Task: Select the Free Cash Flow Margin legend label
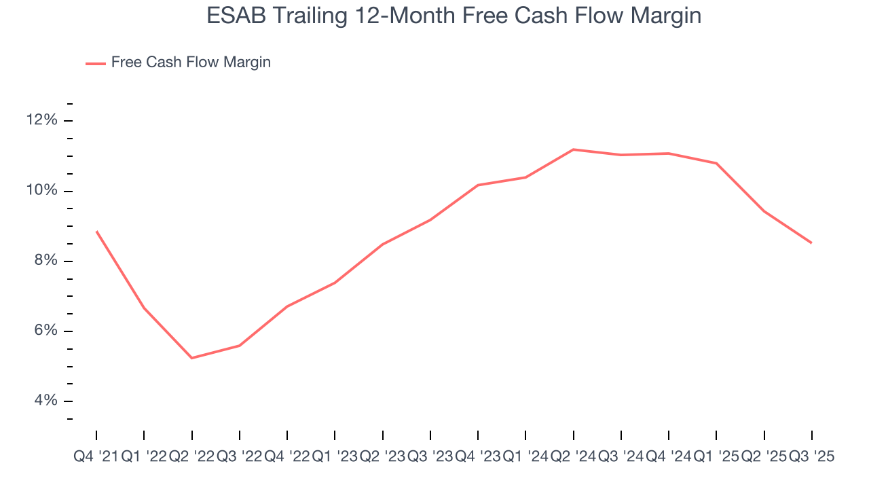click(191, 62)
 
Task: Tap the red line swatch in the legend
click(96, 63)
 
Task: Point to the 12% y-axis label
click(42, 120)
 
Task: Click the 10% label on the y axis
click(42, 191)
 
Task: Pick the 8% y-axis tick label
click(45, 261)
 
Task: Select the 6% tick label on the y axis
click(45, 331)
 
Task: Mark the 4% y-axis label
click(45, 401)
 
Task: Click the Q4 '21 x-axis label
click(96, 457)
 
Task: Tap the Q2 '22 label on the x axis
click(191, 457)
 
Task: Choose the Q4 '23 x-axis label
click(478, 457)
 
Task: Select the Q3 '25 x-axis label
click(812, 457)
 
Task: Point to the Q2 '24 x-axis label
click(574, 457)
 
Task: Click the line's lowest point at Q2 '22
click(192, 358)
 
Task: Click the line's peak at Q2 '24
click(574, 149)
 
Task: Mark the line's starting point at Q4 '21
click(96, 232)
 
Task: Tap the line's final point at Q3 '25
click(811, 242)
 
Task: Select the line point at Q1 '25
click(717, 163)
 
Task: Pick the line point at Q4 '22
click(287, 306)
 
